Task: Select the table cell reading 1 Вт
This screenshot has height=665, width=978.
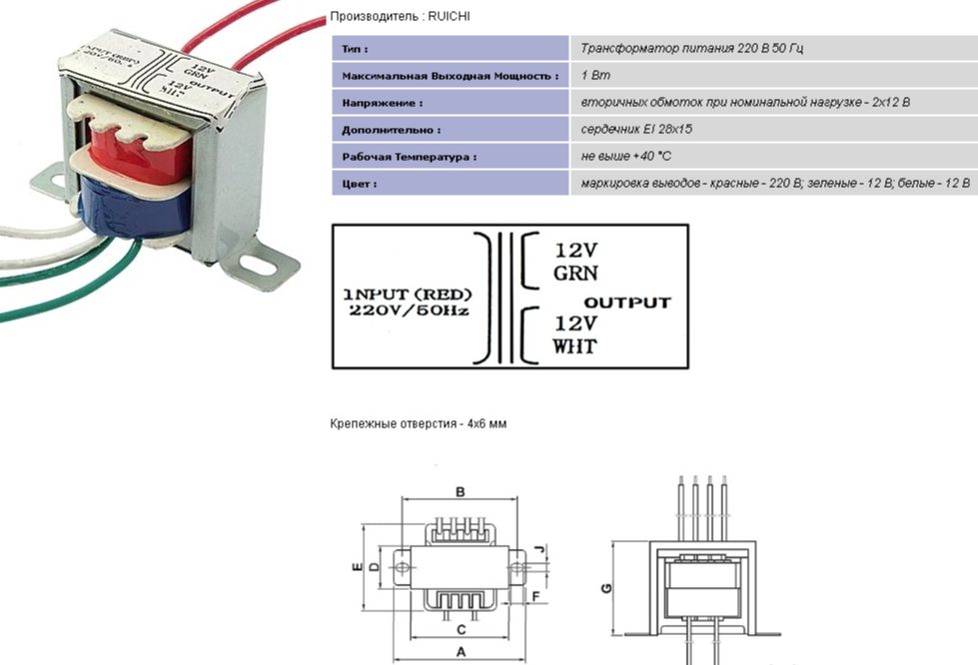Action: pyautogui.click(x=595, y=75)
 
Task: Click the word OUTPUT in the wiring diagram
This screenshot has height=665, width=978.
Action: pyautogui.click(x=627, y=302)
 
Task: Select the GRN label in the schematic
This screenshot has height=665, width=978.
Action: pyautogui.click(x=575, y=274)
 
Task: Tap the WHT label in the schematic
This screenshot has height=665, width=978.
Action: pyautogui.click(x=574, y=346)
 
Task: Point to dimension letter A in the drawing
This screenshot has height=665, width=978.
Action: pyautogui.click(x=461, y=650)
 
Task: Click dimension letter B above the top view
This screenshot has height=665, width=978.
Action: pyautogui.click(x=461, y=491)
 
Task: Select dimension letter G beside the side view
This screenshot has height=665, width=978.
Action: pyautogui.click(x=606, y=588)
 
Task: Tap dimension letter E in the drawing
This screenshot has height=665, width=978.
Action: pyautogui.click(x=356, y=566)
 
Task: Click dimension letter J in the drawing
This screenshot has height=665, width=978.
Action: pyautogui.click(x=538, y=550)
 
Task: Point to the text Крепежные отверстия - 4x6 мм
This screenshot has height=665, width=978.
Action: pyautogui.click(x=419, y=424)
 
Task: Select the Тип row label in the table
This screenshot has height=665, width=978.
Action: pyautogui.click(x=355, y=48)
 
